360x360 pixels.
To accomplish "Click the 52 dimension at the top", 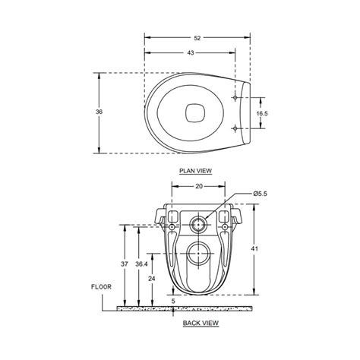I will point(197,36).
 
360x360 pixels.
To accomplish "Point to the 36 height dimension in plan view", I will point(99,112).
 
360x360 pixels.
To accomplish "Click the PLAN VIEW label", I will point(194,172).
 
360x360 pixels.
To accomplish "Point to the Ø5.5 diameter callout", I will point(262,194).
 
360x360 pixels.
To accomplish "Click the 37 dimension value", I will point(123,263).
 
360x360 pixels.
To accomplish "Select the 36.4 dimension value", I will point(141,263).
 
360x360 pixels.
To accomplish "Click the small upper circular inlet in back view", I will point(199,224).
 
